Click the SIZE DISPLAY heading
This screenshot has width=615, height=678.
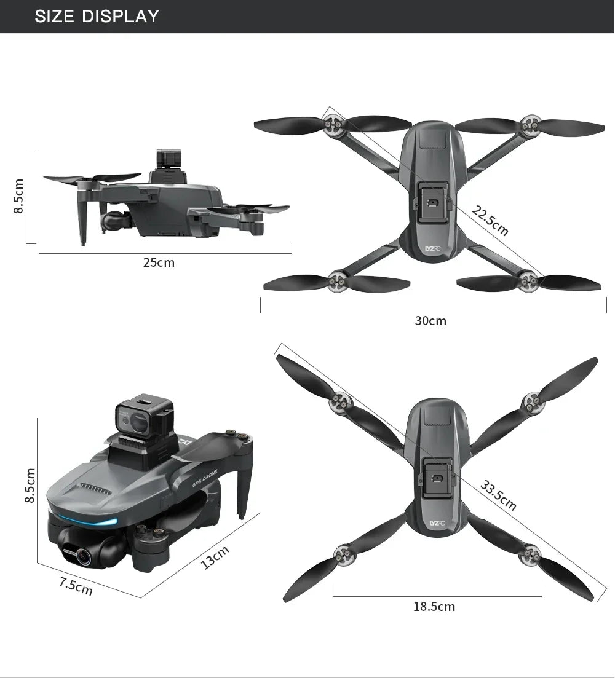click(97, 16)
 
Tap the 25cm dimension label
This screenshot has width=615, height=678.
click(159, 263)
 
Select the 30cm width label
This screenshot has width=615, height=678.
click(430, 321)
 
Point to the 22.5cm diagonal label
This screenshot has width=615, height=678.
click(490, 221)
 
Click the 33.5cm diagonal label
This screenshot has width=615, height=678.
click(498, 496)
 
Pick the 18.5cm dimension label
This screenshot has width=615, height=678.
click(434, 607)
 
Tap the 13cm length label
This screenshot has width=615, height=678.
click(215, 557)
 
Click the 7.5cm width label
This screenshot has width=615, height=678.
click(76, 586)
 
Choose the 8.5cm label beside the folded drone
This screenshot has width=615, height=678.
click(29, 485)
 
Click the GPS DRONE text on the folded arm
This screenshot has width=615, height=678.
click(206, 483)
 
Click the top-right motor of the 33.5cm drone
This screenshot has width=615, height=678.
click(530, 403)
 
